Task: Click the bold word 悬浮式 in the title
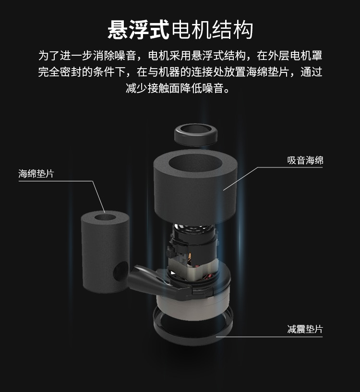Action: coord(138,30)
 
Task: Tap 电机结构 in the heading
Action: coord(212,30)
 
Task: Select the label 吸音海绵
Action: coord(305,160)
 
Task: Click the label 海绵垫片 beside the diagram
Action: coord(36,174)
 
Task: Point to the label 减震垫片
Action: coord(305,329)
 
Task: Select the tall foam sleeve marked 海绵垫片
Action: coord(105,252)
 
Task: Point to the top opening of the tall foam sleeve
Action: coord(105,217)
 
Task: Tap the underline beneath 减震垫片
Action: coord(269,337)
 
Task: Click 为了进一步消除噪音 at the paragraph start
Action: coord(87,56)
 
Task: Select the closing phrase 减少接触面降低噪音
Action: coord(174,88)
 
